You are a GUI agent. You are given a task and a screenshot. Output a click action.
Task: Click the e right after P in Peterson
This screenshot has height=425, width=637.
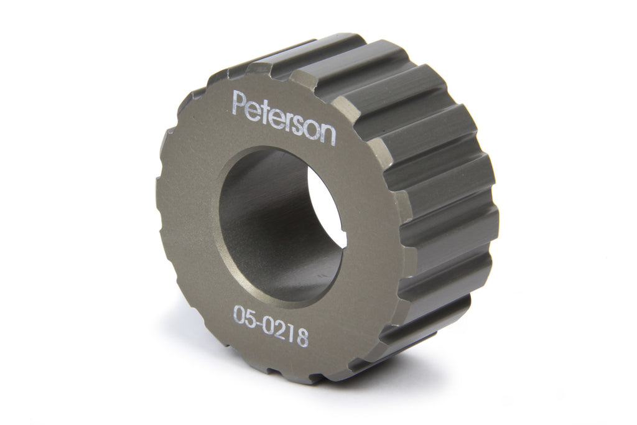tap(253, 109)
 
